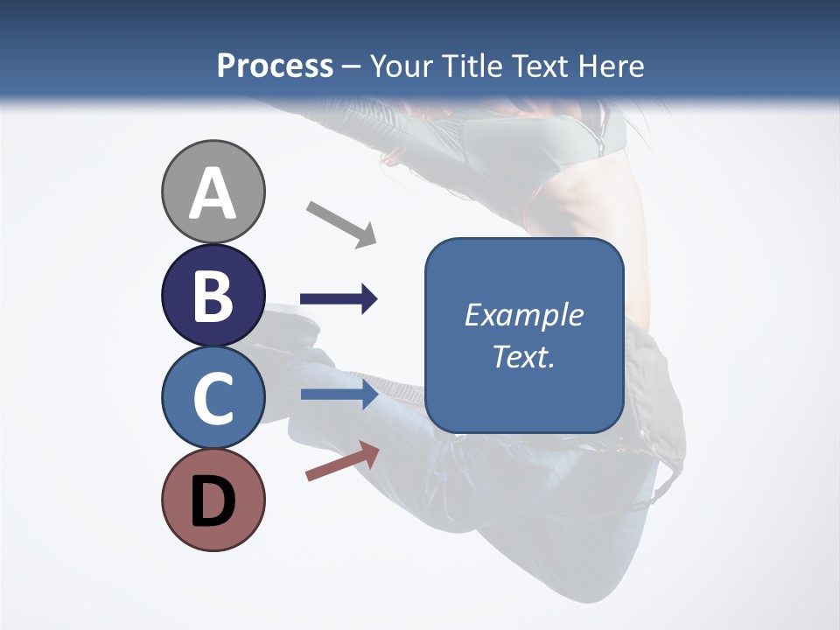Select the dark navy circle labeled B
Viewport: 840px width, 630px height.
click(x=213, y=295)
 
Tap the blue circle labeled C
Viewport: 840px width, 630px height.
click(x=213, y=397)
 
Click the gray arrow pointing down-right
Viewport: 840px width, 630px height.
click(x=341, y=224)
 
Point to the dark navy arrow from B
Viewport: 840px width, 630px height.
click(x=339, y=299)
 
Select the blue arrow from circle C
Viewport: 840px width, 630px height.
click(x=339, y=394)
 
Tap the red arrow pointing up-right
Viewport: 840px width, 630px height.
click(x=342, y=461)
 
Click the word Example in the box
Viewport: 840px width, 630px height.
click(x=523, y=315)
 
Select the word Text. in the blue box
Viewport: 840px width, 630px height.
click(x=523, y=357)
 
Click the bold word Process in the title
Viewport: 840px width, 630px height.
click(x=275, y=66)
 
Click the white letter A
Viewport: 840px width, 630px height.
click(x=213, y=194)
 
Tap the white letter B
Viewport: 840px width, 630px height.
click(x=213, y=296)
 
